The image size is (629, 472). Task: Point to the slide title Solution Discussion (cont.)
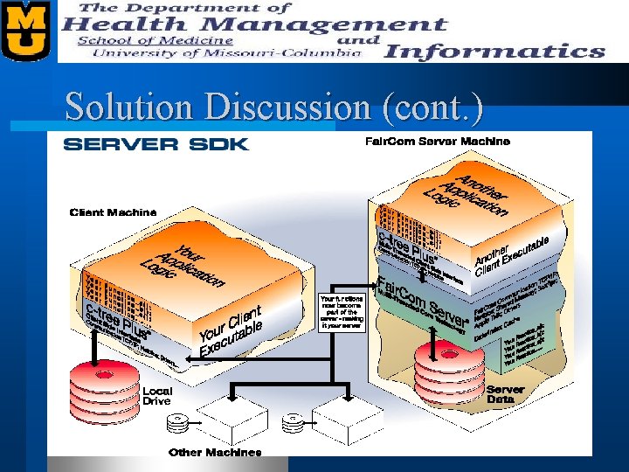point(273,108)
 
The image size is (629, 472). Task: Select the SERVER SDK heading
point(156,144)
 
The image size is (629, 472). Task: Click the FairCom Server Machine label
point(437,141)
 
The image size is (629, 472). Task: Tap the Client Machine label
point(113,212)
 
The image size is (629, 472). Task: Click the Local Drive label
point(157,396)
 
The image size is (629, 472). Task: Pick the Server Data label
point(506,394)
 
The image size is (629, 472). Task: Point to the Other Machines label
point(215,452)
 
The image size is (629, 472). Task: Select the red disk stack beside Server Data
point(446,368)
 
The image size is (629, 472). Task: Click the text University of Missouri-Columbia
point(214,52)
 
